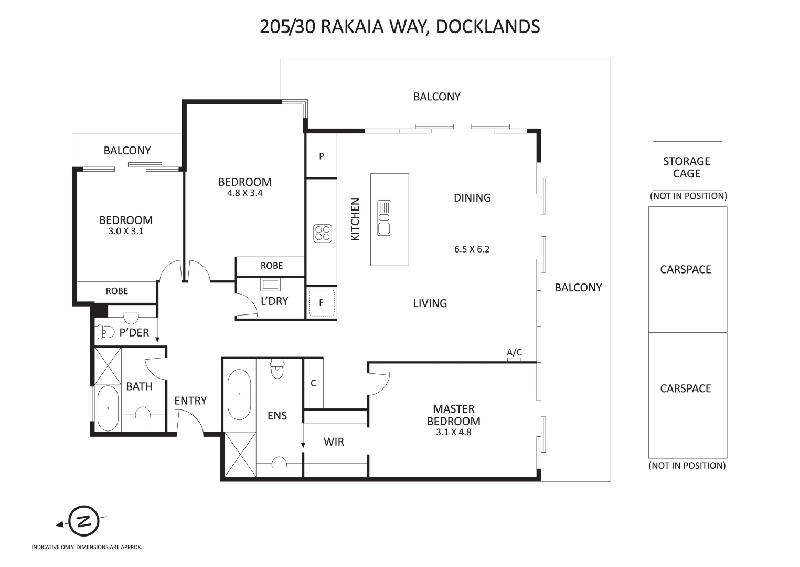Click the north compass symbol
[x=83, y=521]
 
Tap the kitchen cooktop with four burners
[x=323, y=234]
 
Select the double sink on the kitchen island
[x=385, y=218]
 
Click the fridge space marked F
[x=321, y=303]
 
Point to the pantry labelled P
[x=322, y=156]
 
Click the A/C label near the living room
[x=514, y=352]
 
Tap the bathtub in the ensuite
[x=239, y=394]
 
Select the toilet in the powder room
[x=106, y=332]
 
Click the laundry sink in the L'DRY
[x=271, y=285]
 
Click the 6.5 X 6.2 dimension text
[x=472, y=249]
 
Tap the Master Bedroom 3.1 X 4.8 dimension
[x=453, y=433]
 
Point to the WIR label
[x=334, y=442]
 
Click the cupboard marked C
[x=313, y=383]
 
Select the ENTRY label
[x=190, y=401]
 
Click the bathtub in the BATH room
[x=108, y=408]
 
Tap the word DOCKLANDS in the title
[x=487, y=26]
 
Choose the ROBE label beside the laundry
[x=271, y=266]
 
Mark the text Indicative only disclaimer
[x=87, y=547]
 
